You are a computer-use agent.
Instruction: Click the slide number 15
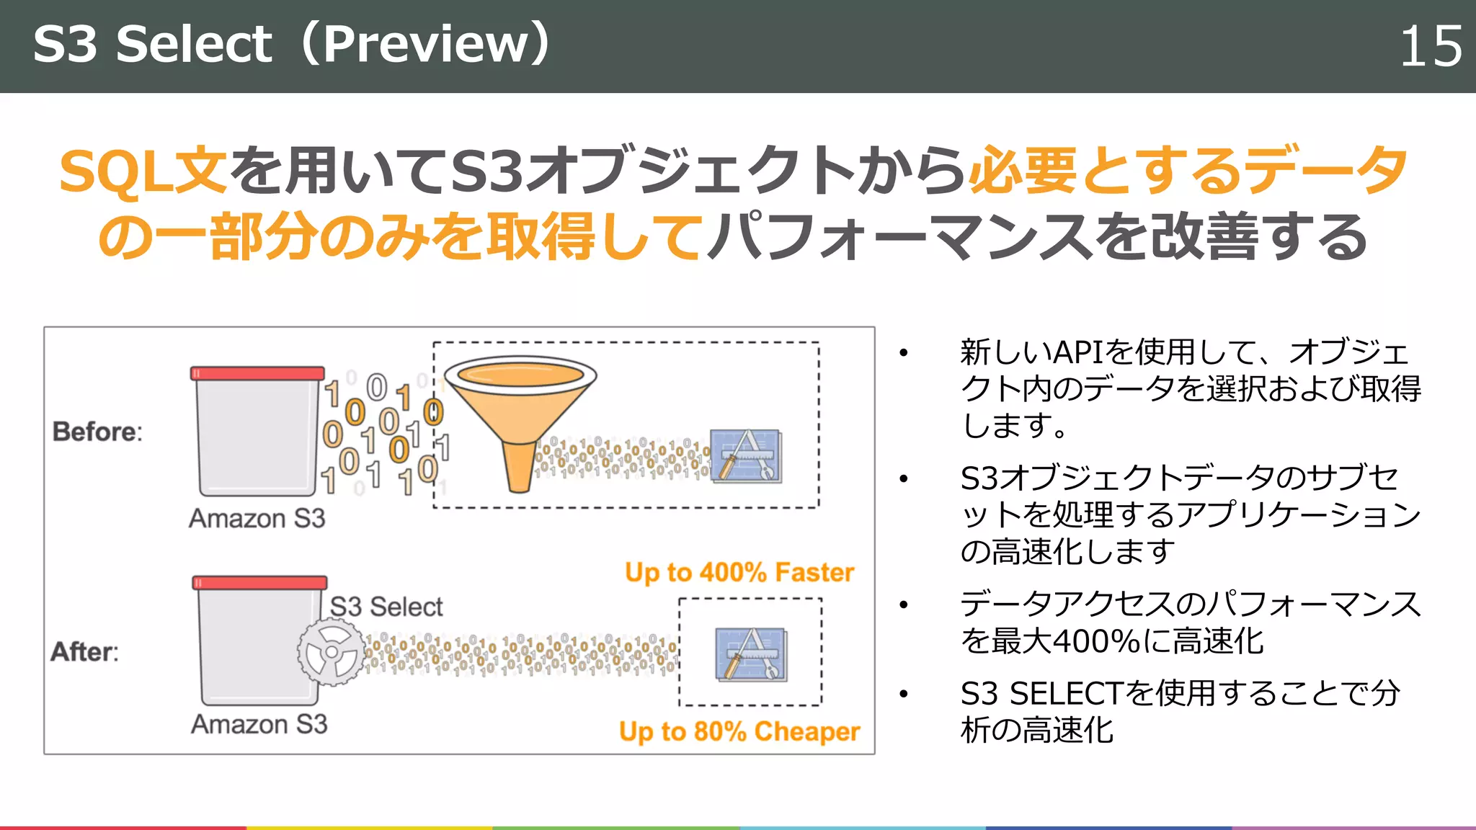click(x=1430, y=47)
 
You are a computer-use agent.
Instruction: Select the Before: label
click(x=97, y=432)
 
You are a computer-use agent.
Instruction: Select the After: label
click(x=84, y=651)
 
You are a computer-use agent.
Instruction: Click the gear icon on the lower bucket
click(x=332, y=652)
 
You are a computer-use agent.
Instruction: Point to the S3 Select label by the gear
click(x=386, y=607)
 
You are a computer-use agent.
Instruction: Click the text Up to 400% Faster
click(x=739, y=572)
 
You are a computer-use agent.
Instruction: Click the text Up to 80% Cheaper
click(x=739, y=731)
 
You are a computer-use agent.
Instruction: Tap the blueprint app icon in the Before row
click(x=745, y=455)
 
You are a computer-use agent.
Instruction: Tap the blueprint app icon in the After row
click(x=750, y=653)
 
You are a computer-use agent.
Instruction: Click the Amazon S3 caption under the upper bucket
click(x=257, y=518)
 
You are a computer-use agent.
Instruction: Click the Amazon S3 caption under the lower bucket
click(x=259, y=723)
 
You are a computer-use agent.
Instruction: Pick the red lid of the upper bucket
click(x=257, y=373)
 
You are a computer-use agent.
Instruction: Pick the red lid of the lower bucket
click(x=259, y=582)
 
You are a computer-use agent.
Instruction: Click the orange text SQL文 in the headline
click(x=143, y=171)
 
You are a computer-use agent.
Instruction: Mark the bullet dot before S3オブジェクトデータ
click(x=903, y=478)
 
